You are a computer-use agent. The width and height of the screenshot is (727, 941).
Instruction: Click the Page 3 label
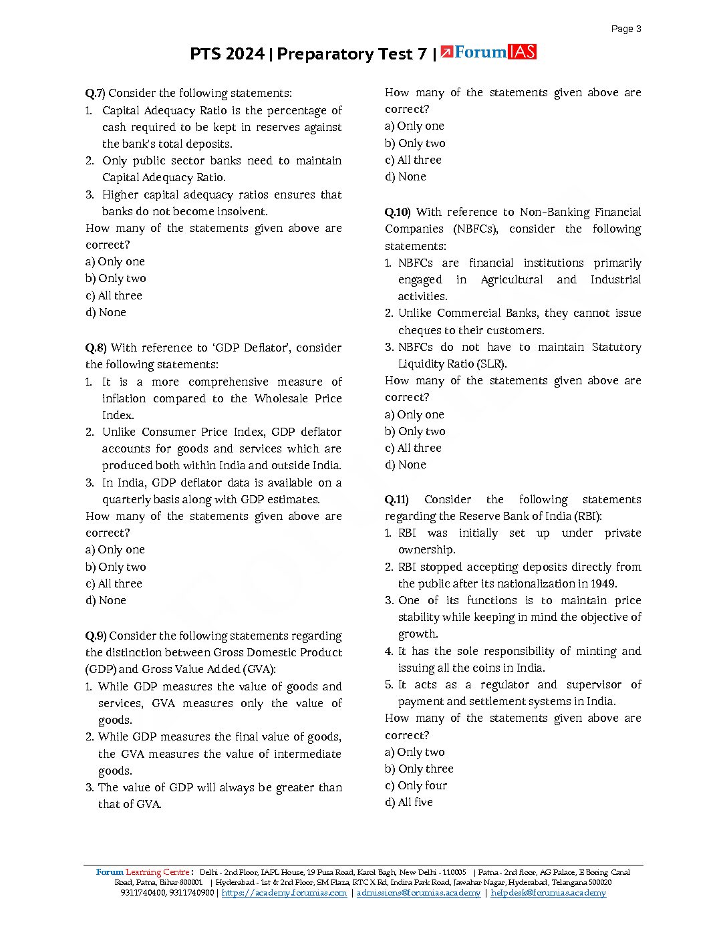626,29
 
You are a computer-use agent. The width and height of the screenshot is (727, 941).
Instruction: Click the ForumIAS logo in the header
488,52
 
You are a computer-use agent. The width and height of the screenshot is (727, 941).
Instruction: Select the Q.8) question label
96,348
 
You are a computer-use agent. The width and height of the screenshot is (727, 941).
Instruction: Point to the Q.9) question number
96,636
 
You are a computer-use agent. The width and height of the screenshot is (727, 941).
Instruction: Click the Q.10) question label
398,212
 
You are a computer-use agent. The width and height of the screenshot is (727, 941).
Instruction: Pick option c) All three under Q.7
114,295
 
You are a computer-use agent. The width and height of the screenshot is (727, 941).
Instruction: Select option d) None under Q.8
106,600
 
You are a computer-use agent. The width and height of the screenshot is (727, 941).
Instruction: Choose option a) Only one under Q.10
414,414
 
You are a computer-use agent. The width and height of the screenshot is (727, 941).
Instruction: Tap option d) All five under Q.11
408,802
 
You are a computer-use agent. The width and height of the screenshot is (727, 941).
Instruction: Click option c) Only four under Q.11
416,785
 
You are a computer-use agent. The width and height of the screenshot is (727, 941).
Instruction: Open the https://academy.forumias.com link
284,893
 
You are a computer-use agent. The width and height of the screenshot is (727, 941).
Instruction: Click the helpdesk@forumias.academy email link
548,893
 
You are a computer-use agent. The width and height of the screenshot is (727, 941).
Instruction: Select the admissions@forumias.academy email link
418,893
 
